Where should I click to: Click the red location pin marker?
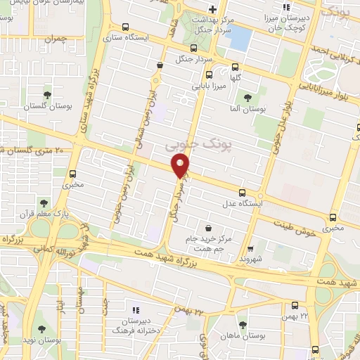(181, 166)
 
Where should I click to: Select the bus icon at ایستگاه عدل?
(243, 192)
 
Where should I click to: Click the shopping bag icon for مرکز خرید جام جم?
(209, 227)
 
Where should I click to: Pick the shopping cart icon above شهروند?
(250, 248)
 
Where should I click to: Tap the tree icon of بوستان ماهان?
(243, 324)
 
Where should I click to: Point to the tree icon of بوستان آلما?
(246, 98)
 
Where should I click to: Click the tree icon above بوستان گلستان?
(47, 94)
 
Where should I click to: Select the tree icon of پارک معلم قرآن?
(44, 202)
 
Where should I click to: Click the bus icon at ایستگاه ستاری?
(126, 27)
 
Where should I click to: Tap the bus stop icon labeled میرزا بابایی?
(208, 75)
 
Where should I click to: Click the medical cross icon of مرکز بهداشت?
(211, 8)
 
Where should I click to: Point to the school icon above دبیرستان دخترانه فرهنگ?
(136, 309)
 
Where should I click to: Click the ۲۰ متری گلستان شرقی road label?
(32, 150)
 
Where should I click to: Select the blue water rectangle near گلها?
(240, 38)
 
